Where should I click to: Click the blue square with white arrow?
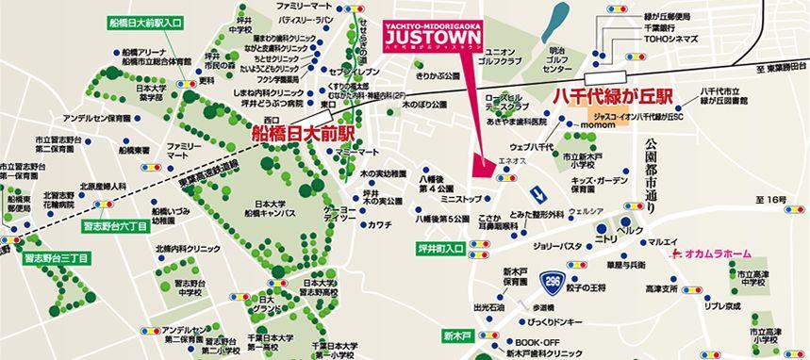[x=537, y=193]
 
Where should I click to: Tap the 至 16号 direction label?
[x=770, y=201]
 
